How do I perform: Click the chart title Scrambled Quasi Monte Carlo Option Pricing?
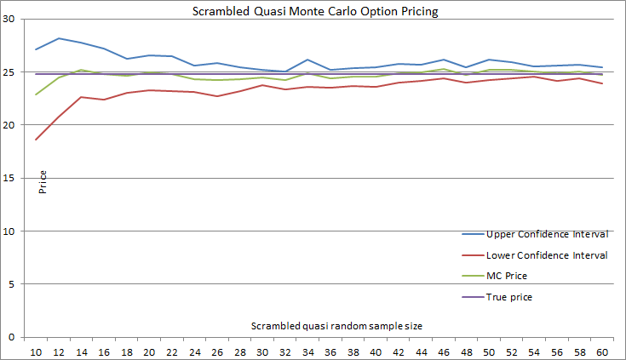(313, 10)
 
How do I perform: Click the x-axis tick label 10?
(37, 351)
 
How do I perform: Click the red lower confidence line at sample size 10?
(37, 140)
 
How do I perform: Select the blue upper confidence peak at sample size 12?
(59, 38)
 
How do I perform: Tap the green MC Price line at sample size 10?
(37, 94)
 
